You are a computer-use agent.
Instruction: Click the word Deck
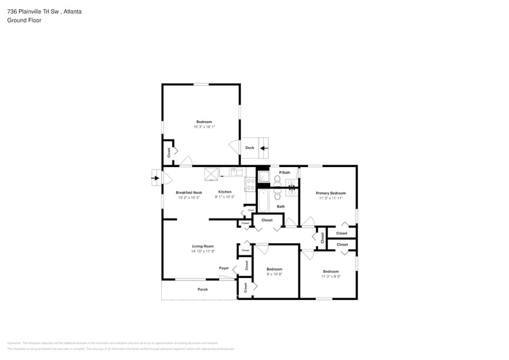pyautogui.click(x=249, y=148)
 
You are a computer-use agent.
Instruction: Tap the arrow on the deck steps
pyautogui.click(x=264, y=148)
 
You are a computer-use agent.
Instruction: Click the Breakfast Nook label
pyautogui.click(x=189, y=192)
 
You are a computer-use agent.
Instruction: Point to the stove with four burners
pyautogui.click(x=250, y=184)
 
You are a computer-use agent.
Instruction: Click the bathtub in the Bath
pyautogui.click(x=263, y=200)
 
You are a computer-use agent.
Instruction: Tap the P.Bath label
pyautogui.click(x=285, y=173)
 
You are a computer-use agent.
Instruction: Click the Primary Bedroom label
pyautogui.click(x=331, y=193)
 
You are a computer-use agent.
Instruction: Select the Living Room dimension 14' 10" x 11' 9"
pyautogui.click(x=202, y=252)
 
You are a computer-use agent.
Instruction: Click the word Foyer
pyautogui.click(x=224, y=268)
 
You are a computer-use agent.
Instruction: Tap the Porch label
pyautogui.click(x=202, y=289)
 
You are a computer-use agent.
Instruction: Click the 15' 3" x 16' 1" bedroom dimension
pyautogui.click(x=204, y=127)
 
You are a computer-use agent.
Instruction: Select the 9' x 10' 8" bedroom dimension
pyautogui.click(x=274, y=275)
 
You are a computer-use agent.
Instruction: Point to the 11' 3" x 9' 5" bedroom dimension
pyautogui.click(x=331, y=277)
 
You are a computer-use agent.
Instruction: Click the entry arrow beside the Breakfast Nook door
pyautogui.click(x=154, y=179)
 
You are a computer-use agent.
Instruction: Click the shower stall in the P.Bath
pyautogui.click(x=263, y=178)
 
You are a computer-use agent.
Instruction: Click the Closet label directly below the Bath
pyautogui.click(x=267, y=220)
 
